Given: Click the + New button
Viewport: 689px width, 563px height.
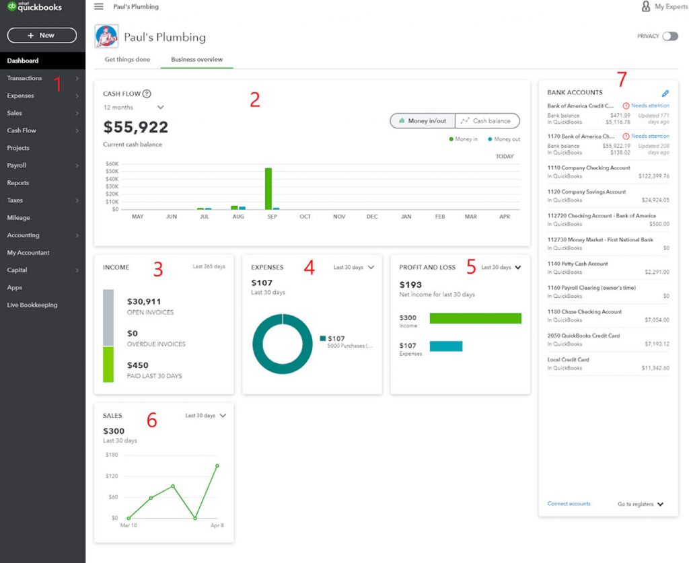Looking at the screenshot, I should (x=41, y=35).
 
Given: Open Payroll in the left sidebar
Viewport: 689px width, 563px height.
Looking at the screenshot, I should (x=17, y=165).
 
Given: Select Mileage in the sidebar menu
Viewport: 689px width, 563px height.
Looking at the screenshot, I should (x=18, y=218).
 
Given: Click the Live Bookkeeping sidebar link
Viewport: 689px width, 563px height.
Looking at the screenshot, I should (x=32, y=305).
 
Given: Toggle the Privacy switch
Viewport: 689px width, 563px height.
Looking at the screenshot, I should (x=669, y=36).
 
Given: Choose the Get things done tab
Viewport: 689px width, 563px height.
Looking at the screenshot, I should (x=127, y=59).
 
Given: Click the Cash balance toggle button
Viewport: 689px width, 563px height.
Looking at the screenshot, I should (x=487, y=121).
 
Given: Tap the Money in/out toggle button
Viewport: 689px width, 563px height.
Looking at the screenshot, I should (x=423, y=121).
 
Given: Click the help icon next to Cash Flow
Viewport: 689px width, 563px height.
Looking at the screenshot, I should (x=147, y=94).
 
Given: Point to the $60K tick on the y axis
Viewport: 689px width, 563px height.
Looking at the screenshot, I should (x=112, y=163).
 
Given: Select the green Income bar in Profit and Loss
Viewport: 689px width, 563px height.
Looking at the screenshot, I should (x=475, y=318).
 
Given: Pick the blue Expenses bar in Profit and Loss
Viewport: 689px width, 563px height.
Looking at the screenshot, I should (x=445, y=346).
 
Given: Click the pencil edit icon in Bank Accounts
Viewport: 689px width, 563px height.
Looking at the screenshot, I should (x=665, y=93).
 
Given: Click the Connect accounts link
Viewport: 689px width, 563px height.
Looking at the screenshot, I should (x=569, y=504).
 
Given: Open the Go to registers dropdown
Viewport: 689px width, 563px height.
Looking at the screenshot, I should (x=640, y=504).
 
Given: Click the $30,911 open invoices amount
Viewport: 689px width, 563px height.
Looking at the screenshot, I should (x=144, y=302).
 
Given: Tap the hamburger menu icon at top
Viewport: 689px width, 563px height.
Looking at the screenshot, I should (x=99, y=7).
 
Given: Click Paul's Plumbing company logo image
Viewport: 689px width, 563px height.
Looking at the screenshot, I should (x=106, y=36).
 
